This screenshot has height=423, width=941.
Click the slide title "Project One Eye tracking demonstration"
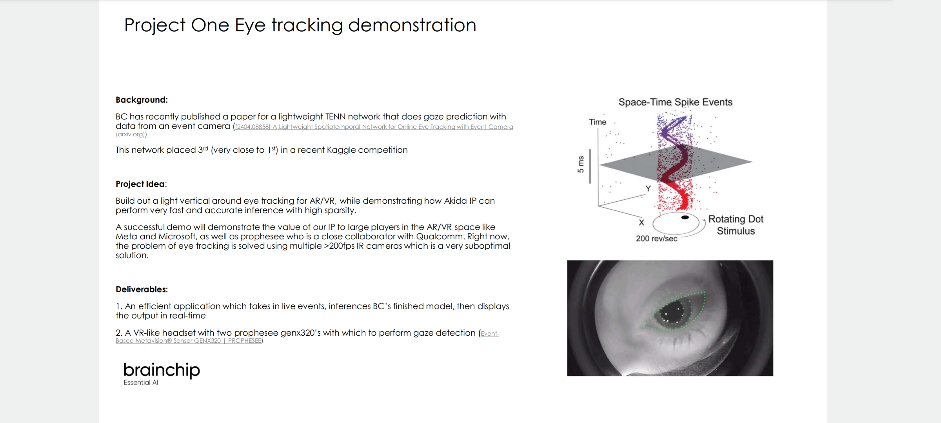point(300,25)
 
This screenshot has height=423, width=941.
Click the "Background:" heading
point(142,100)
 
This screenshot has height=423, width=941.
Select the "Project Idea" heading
point(140,184)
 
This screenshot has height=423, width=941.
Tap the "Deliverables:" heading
point(142,289)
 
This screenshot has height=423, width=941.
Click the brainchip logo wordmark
point(162,370)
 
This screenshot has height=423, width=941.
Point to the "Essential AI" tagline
point(141,383)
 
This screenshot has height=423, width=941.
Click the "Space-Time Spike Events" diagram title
point(675,102)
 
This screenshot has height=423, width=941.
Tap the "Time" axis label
point(598,122)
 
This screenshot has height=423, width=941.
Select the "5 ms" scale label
point(581,164)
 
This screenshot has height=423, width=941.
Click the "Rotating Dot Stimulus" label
point(736,225)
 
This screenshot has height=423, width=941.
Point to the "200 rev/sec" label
point(656,239)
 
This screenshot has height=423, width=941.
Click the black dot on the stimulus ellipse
point(685,217)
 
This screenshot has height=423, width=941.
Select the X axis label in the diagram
point(641,222)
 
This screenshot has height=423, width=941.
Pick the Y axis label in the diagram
point(648,188)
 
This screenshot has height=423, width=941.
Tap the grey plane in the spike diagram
point(676,161)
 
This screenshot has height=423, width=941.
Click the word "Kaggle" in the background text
point(341,150)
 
